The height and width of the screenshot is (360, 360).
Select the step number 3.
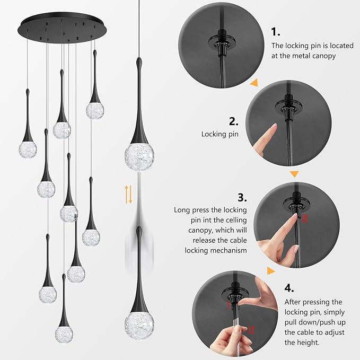click(242, 197)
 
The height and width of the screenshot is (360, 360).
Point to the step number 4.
click(289, 288)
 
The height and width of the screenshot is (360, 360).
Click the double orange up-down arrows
click(128, 194)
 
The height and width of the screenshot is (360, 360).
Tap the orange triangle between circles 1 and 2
click(254, 82)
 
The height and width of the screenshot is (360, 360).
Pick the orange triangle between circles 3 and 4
click(272, 270)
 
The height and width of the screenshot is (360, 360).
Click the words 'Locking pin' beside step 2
click(219, 135)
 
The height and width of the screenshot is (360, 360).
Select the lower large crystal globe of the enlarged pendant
click(139, 324)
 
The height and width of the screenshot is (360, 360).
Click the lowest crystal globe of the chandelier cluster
click(64, 333)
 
